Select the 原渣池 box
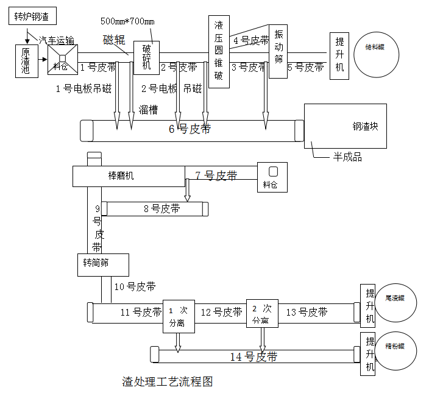[x=26, y=61]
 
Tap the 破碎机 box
[x=146, y=58]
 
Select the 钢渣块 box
[x=346, y=126]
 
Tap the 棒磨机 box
[x=128, y=177]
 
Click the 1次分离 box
[x=178, y=316]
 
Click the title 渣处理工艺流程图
[x=167, y=382]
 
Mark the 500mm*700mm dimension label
[x=128, y=21]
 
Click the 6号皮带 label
[x=190, y=129]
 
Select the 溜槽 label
[x=149, y=110]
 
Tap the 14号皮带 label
[x=253, y=356]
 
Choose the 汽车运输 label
[x=57, y=40]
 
